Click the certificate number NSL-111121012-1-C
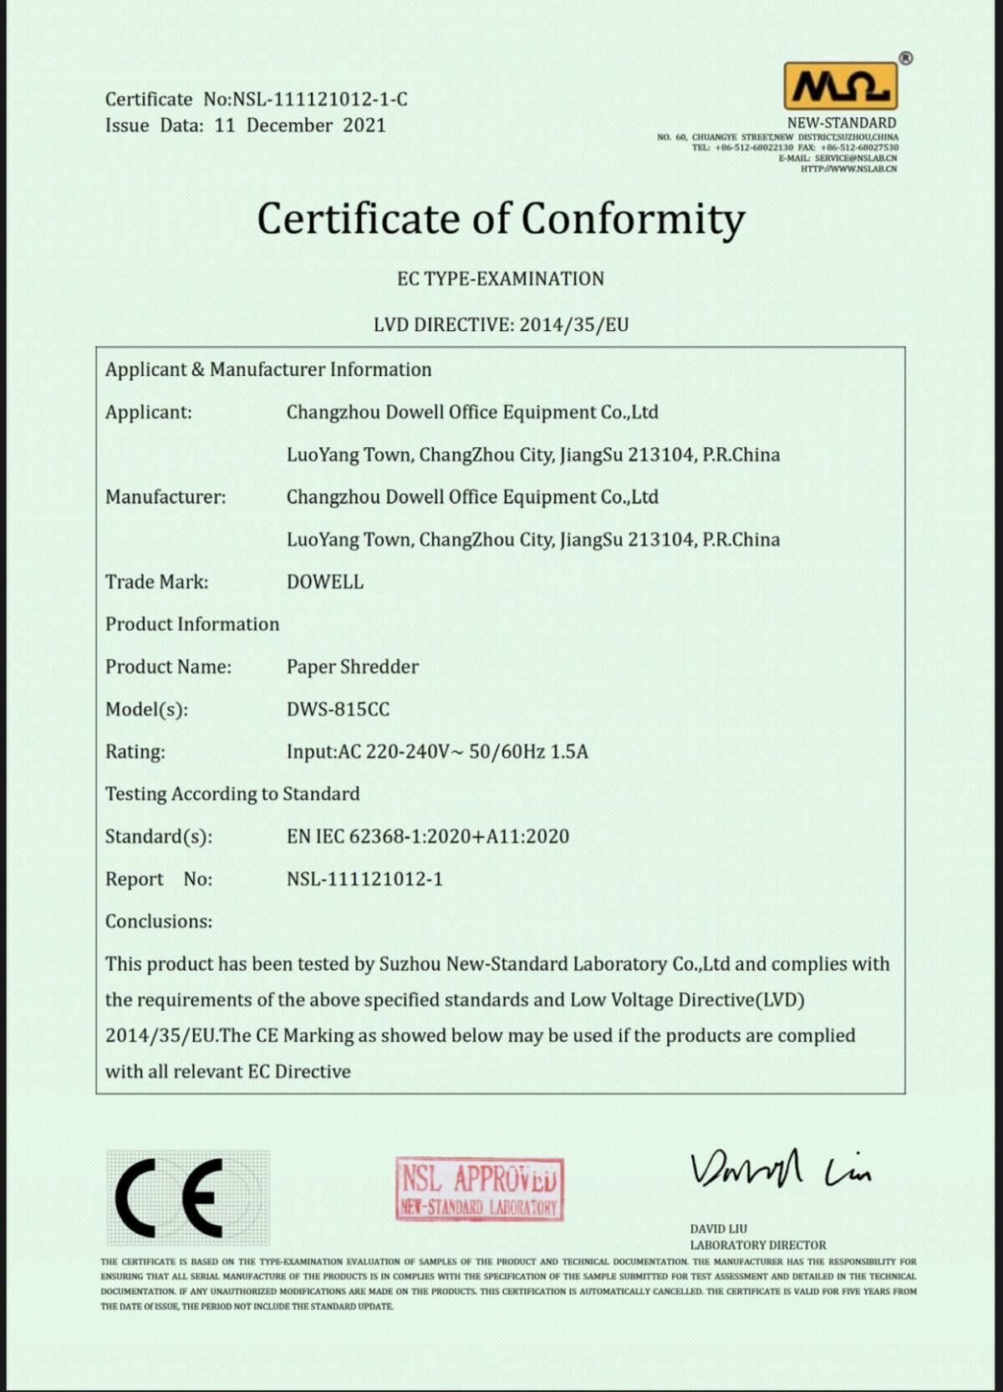pos(319,99)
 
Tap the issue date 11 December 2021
pos(300,125)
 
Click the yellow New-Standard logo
pos(840,86)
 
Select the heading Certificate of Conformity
pos(501,219)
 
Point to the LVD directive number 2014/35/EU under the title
pos(573,325)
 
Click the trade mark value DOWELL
pos(325,582)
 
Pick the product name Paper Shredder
pos(353,667)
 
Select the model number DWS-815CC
pos(338,709)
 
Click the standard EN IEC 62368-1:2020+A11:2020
pos(428,836)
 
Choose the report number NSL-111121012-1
pos(364,879)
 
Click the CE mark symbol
pos(170,1197)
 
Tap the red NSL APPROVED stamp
pos(480,1189)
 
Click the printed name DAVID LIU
pos(719,1229)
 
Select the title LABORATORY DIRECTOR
pos(758,1245)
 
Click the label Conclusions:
pos(159,922)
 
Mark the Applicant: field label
pos(149,413)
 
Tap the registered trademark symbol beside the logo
pos(906,58)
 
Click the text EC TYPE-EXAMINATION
pos(501,279)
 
